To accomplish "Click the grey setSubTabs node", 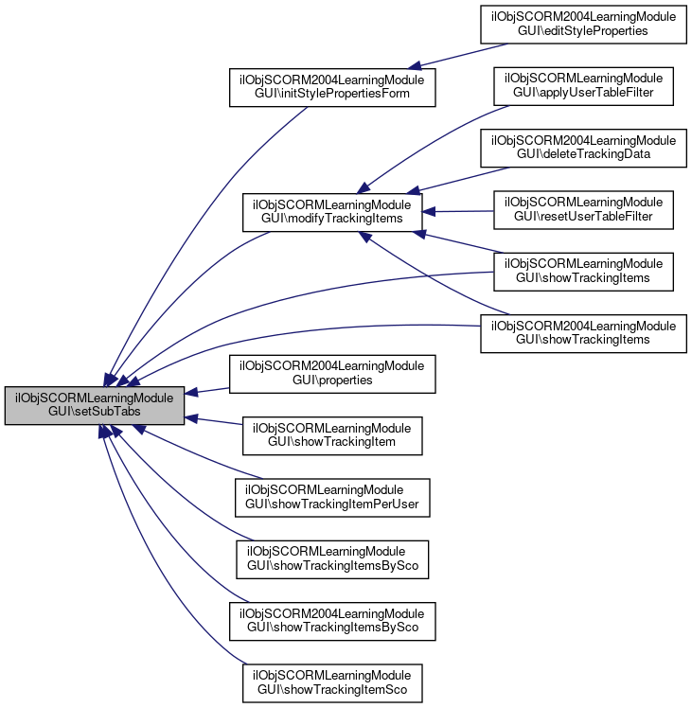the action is coord(95,405).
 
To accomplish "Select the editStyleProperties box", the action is coord(583,25).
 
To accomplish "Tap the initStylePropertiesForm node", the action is coord(332,87).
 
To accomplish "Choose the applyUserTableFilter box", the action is coord(583,86).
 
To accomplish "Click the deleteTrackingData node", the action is coord(583,148).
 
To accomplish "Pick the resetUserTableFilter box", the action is coord(583,210).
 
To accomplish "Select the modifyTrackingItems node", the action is coord(332,212).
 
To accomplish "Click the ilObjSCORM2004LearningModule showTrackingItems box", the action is coord(583,334).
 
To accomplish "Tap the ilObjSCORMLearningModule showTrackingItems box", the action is coord(583,272).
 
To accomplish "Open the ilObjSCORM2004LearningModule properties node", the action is coord(332,374).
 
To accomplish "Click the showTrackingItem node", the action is coord(332,435).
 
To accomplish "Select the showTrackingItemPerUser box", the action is coord(332,498).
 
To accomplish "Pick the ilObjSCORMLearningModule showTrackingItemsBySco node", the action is coord(332,559).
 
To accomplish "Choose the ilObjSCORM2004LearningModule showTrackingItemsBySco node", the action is coord(332,621).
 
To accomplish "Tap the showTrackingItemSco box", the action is coord(332,683).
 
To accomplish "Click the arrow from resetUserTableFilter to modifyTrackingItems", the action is coord(458,211).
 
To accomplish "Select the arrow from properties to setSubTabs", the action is coord(207,391).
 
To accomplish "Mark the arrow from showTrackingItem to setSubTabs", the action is coord(214,421).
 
